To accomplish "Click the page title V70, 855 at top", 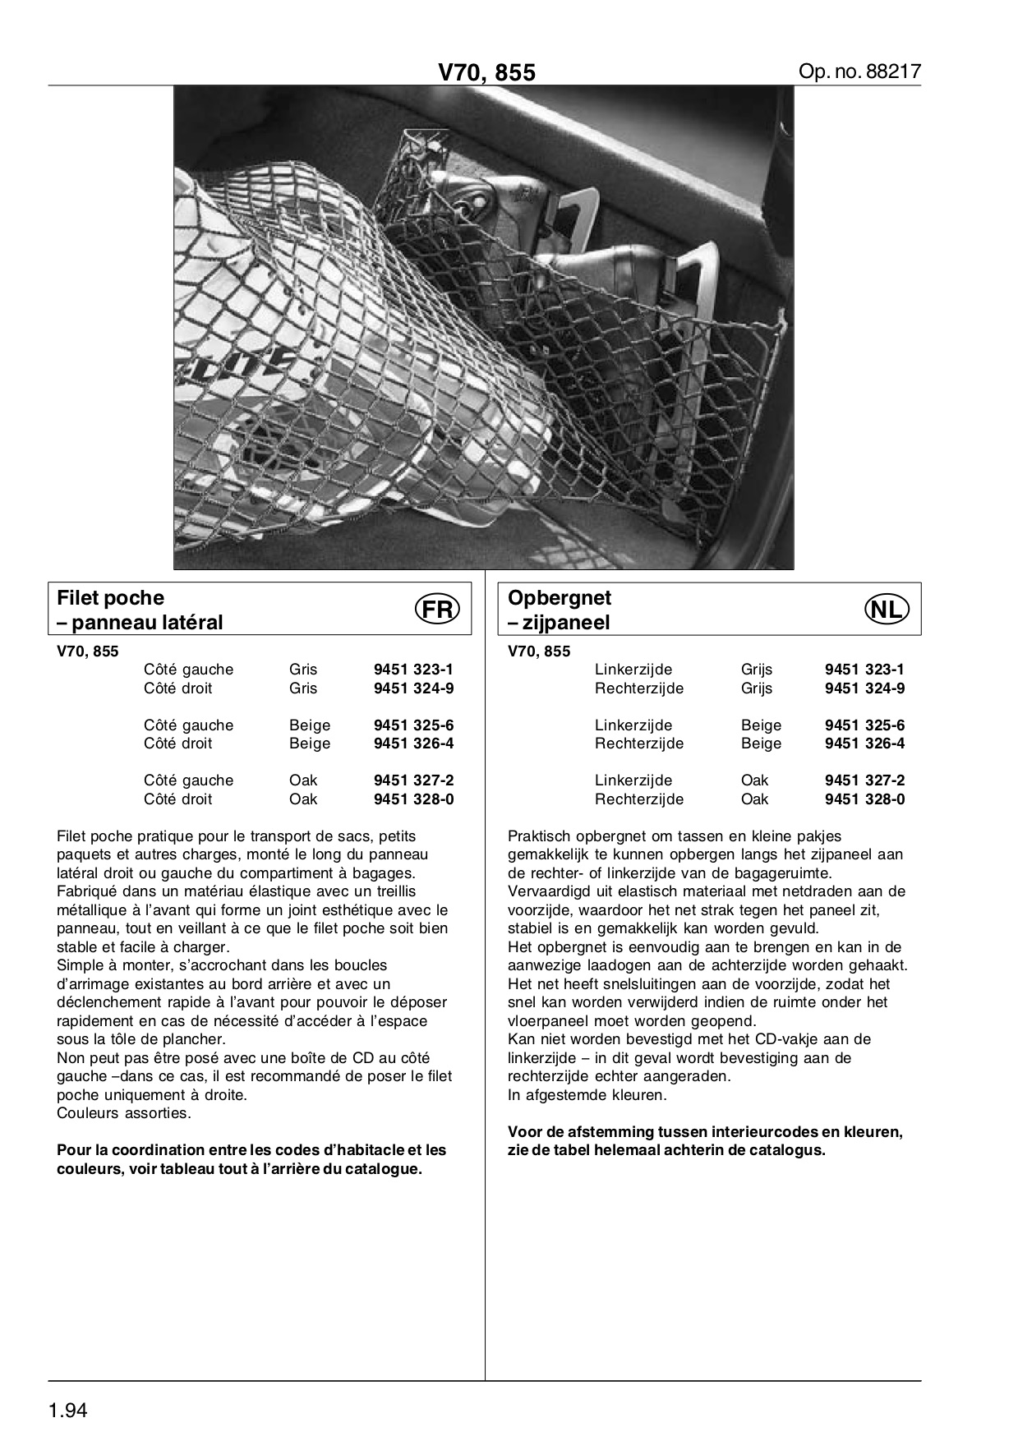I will click(486, 73).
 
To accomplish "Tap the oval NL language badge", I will click(887, 610).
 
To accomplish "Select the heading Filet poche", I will click(110, 597).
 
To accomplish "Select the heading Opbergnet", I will click(560, 597).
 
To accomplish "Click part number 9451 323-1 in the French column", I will click(413, 670).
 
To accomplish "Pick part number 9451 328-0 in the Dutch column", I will click(864, 799).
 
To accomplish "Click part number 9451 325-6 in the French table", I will click(413, 725).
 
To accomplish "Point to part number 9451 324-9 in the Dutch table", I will click(864, 688).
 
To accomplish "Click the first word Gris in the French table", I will click(303, 670).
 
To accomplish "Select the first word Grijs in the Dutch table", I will click(757, 670).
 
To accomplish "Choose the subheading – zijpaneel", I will click(559, 623).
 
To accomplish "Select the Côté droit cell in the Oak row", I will click(177, 799).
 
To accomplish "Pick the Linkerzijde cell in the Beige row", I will click(633, 725).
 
